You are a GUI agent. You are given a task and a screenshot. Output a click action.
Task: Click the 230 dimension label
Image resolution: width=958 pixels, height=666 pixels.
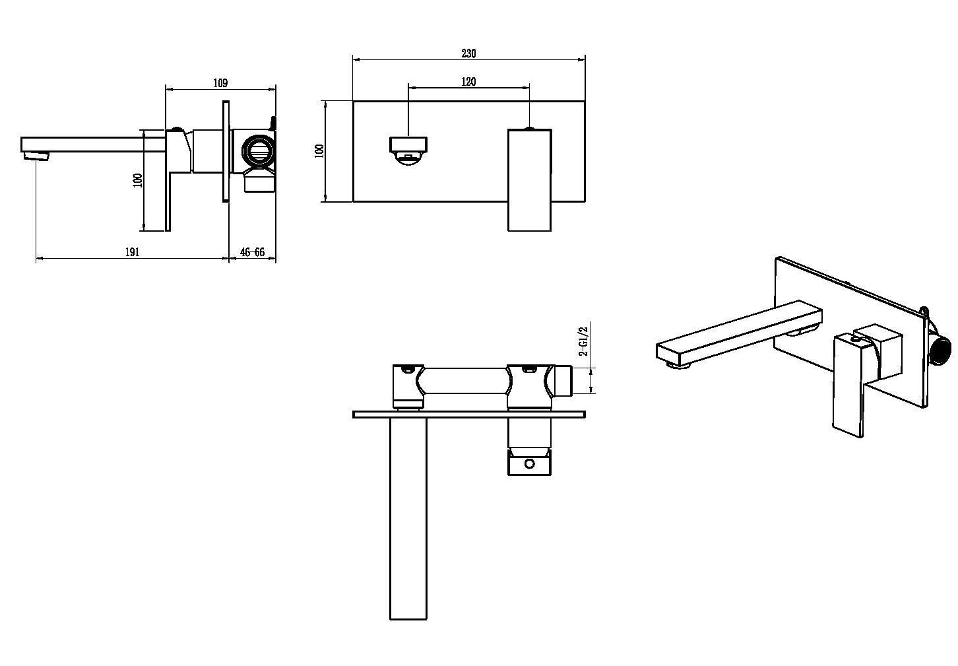coord(468,53)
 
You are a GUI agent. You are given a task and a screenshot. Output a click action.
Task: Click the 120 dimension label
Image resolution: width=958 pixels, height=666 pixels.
coord(468,82)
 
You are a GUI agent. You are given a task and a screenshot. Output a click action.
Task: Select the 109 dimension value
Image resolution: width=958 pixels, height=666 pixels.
coord(220,83)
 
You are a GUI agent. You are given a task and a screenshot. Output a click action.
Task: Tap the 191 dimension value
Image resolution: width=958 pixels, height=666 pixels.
coord(132,252)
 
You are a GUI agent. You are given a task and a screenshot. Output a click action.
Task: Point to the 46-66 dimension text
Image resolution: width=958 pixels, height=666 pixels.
coord(252,252)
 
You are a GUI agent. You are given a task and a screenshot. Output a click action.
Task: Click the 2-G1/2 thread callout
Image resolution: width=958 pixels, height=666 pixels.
coord(583,341)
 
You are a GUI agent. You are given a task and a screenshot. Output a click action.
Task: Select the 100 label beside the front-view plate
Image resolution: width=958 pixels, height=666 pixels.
coord(319,151)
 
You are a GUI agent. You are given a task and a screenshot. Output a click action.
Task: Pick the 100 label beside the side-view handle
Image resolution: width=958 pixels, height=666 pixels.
coord(138,180)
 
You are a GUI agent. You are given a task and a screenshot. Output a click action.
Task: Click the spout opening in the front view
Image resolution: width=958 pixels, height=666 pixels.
coord(408,151)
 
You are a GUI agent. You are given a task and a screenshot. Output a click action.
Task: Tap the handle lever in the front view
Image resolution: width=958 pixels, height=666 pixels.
coord(529,180)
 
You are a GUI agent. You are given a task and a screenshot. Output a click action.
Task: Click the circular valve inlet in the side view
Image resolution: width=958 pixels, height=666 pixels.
coord(259,150)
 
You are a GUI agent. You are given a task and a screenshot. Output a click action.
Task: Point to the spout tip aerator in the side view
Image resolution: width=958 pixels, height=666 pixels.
coord(37,156)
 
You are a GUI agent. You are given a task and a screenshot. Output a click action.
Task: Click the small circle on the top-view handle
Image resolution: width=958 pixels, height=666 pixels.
coord(529,463)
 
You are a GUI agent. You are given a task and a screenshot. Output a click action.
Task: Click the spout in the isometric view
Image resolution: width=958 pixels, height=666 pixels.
coord(739,334)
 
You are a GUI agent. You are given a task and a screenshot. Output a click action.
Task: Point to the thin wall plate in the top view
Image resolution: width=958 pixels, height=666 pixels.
coord(468,415)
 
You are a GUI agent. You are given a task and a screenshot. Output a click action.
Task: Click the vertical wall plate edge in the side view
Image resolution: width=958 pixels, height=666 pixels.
coord(226,151)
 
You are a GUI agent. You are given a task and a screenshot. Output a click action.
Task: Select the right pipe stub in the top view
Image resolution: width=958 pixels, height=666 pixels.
coord(563,380)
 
